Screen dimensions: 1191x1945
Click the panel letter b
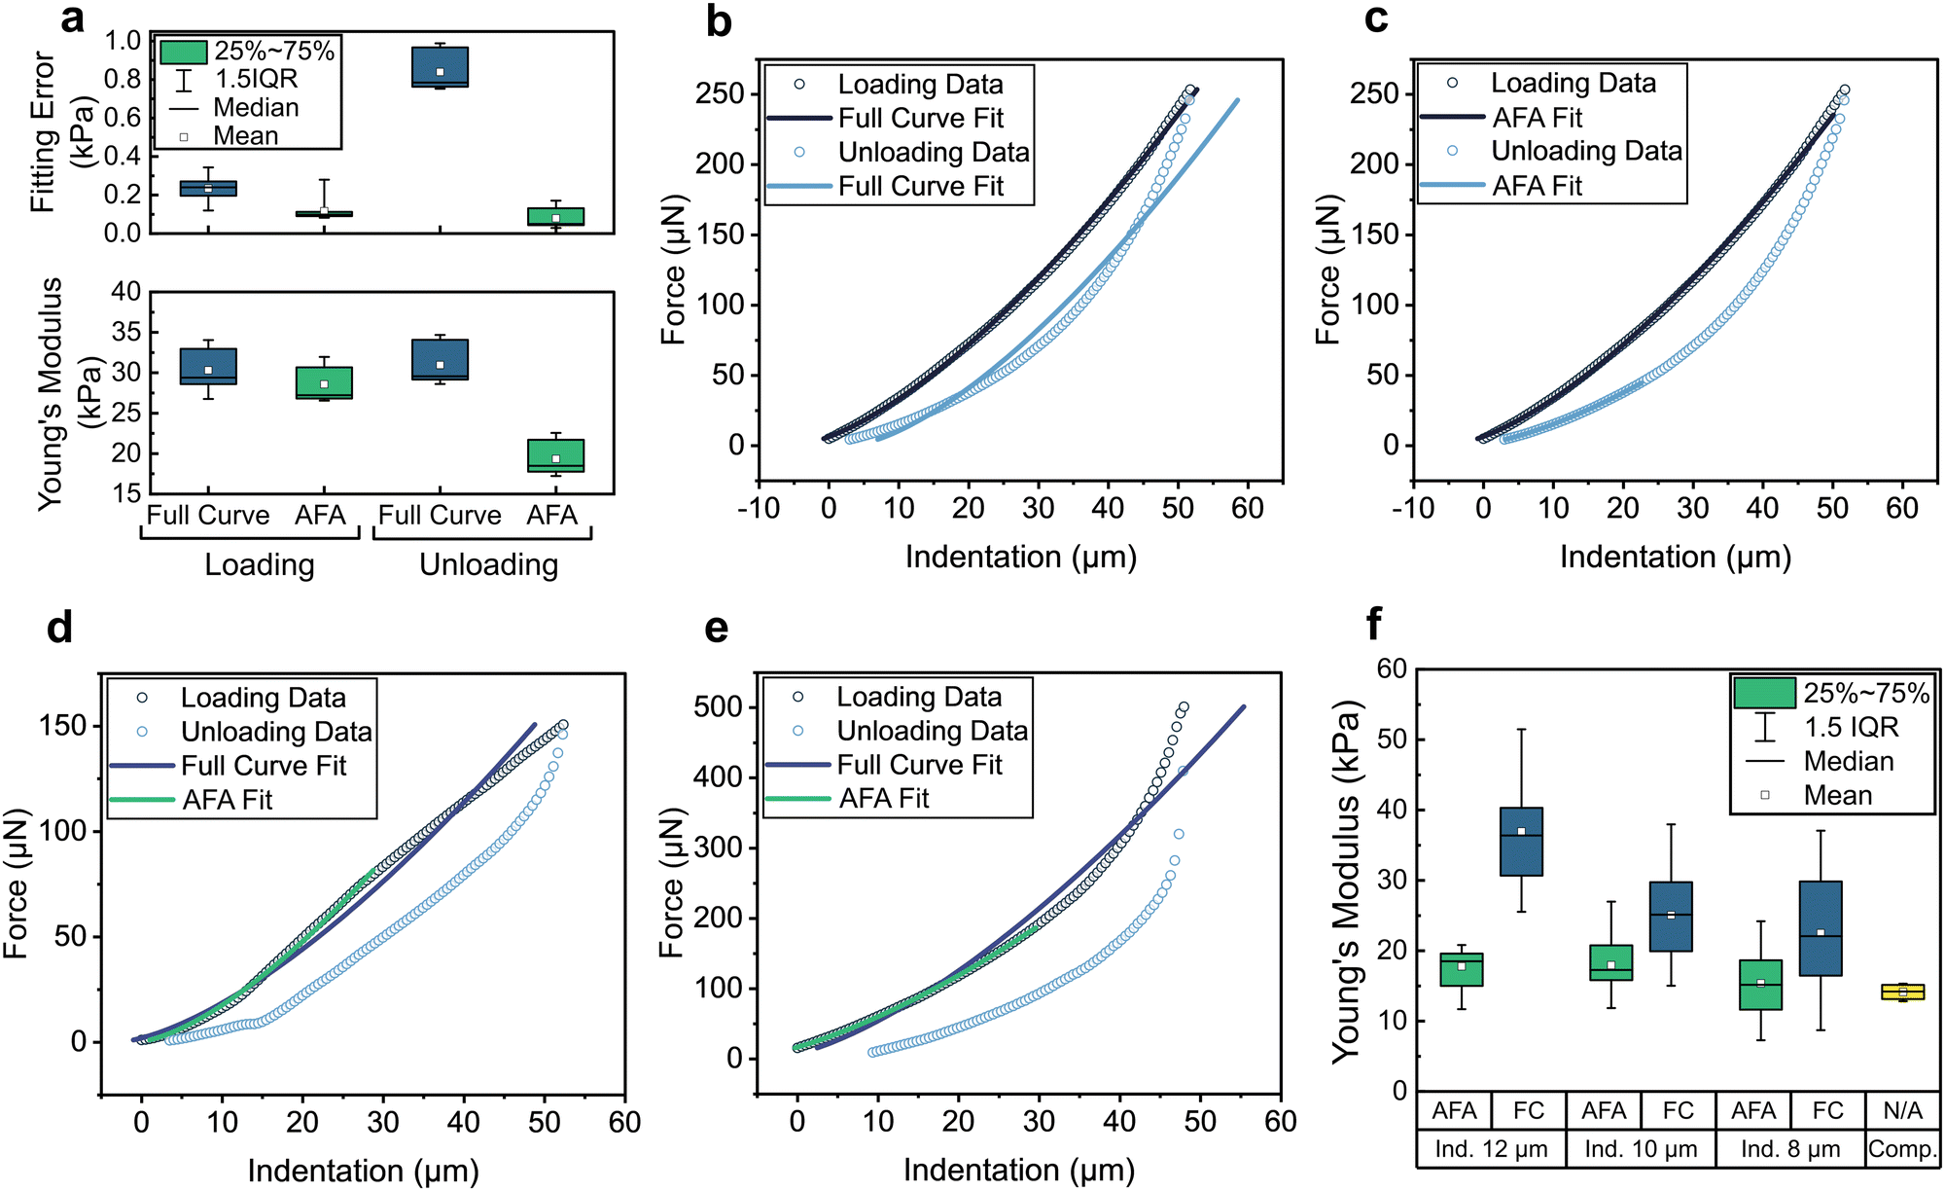[718, 21]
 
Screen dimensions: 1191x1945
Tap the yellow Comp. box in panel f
[1902, 992]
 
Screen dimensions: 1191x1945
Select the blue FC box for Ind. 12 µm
[1521, 842]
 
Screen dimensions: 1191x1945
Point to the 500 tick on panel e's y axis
[718, 707]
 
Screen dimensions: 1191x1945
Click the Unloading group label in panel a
[488, 564]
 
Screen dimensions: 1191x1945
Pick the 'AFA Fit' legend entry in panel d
[227, 800]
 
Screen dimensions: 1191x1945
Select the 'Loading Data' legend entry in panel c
[1573, 84]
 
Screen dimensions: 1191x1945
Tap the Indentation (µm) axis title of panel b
[1020, 558]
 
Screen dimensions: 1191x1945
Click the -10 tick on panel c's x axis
[1412, 508]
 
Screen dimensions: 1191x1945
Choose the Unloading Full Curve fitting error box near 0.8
[440, 67]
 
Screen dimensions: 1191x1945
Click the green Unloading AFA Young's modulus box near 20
[555, 455]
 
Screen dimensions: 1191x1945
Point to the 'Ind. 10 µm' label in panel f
[1641, 1149]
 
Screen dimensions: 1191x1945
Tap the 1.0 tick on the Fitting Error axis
[124, 41]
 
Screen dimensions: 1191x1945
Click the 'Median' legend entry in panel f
[1848, 761]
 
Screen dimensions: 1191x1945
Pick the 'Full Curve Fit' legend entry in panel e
[918, 765]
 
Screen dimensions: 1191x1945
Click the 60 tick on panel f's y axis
[1392, 669]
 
